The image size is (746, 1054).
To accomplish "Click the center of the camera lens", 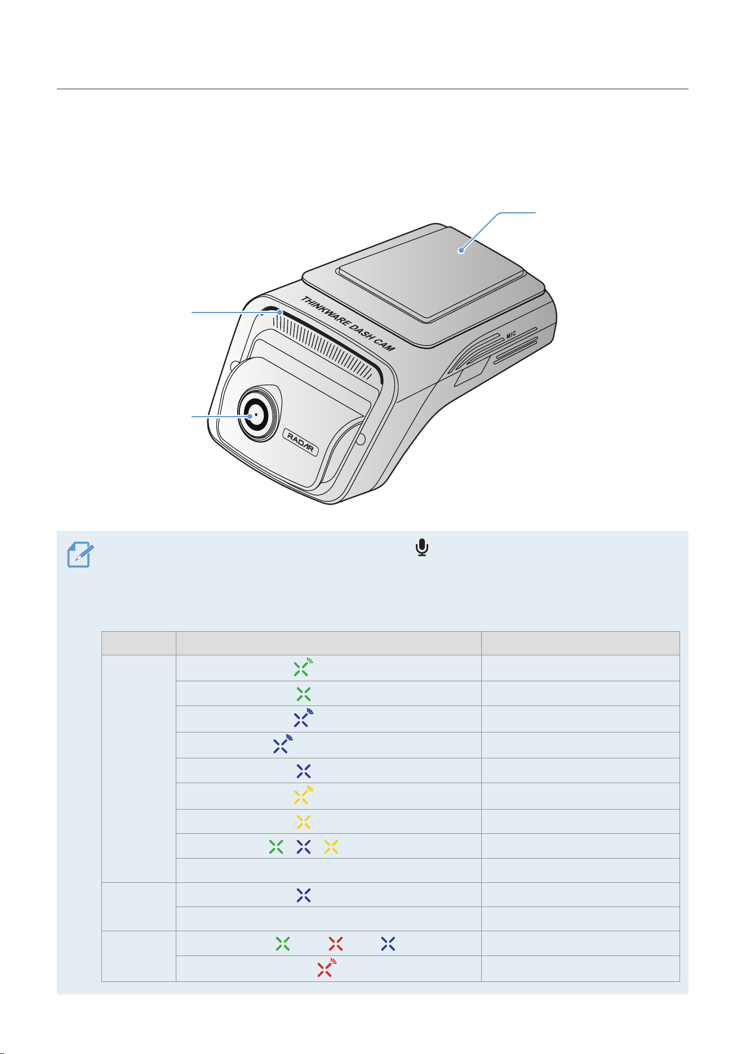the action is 256,414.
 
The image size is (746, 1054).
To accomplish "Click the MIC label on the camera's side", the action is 511,335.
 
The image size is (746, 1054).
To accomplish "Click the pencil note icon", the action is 81,555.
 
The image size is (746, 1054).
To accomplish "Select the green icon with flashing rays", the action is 303,667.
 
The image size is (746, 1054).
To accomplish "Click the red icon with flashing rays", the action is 326,967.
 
